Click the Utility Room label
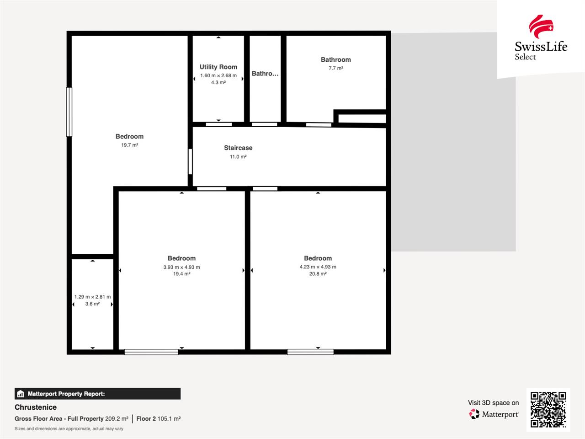click(218, 67)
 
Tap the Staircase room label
click(238, 148)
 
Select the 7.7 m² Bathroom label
click(335, 60)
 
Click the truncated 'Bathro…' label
click(265, 74)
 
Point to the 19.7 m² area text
click(129, 145)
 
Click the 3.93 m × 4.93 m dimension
click(181, 267)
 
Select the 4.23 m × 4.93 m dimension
click(318, 267)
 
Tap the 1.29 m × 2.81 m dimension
click(92, 297)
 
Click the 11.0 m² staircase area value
click(238, 157)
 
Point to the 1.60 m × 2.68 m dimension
click(218, 76)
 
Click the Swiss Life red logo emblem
click(541, 27)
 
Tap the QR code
click(548, 410)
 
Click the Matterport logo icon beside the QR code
click(474, 414)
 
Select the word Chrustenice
click(36, 407)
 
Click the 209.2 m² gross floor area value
click(117, 419)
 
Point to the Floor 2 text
click(146, 419)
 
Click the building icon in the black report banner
click(21, 394)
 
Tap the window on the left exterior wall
click(69, 112)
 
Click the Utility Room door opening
click(219, 124)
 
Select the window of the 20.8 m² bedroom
click(310, 352)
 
